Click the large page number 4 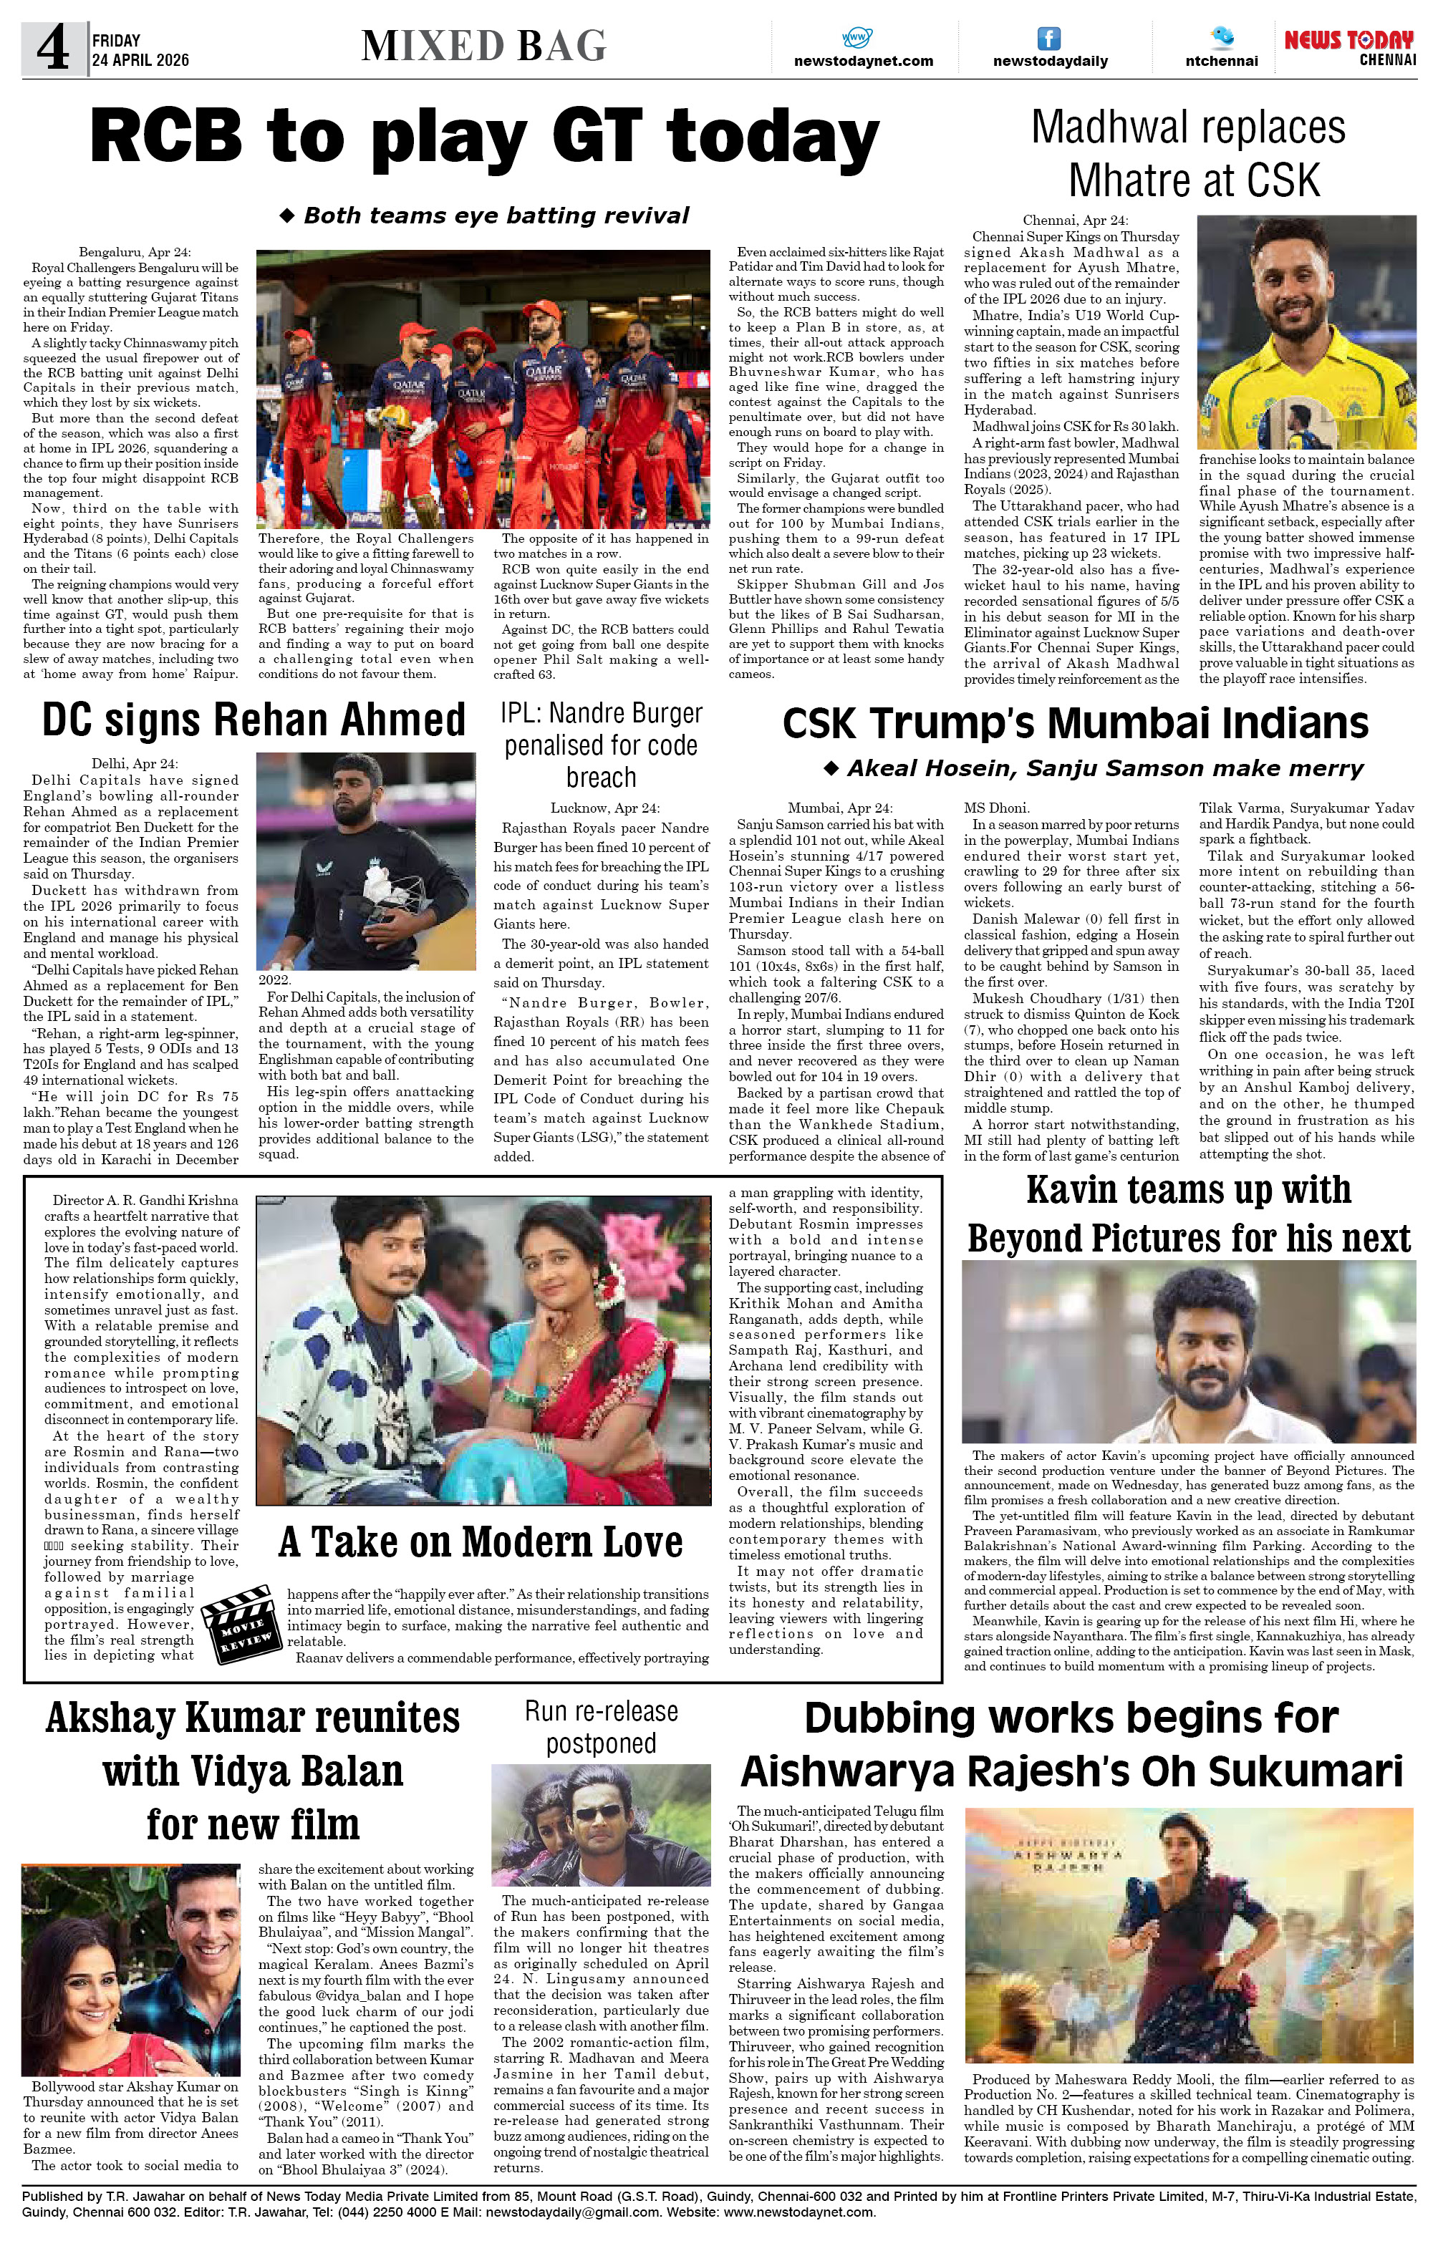(53, 49)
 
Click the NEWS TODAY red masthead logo (1348, 40)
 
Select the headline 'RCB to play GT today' (483, 137)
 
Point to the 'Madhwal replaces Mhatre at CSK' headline (1189, 154)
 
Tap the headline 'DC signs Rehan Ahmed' (253, 720)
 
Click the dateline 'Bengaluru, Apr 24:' (135, 252)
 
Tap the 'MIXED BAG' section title (483, 46)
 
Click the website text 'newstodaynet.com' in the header (863, 61)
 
